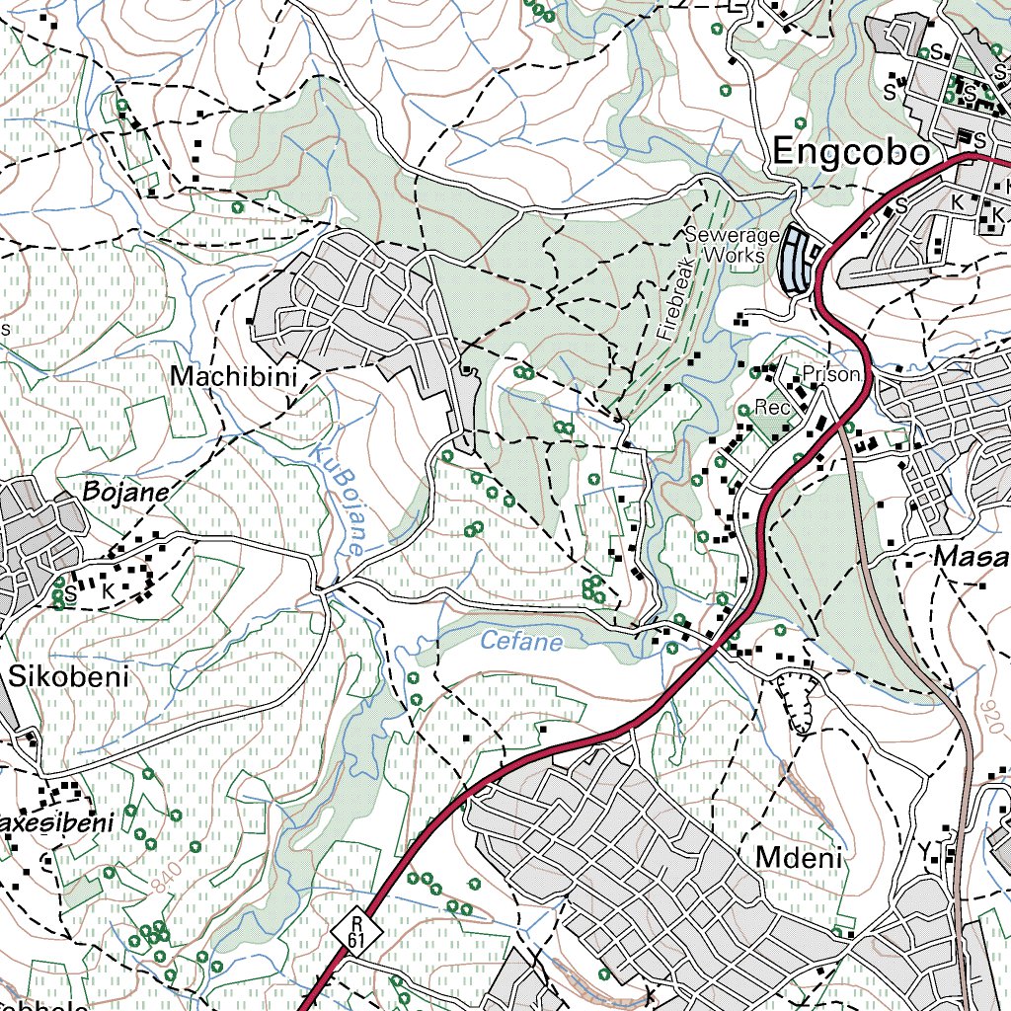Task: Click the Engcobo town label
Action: coord(851,153)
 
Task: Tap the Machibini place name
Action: coord(233,376)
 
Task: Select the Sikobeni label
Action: coord(70,677)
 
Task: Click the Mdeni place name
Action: coord(800,858)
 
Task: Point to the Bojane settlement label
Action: coord(127,491)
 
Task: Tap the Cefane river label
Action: coord(521,643)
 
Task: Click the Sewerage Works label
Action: coord(732,245)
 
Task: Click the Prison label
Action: coord(831,375)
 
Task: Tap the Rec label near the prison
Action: coord(767,407)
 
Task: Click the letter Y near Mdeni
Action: coord(924,850)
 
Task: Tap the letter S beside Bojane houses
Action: coord(71,591)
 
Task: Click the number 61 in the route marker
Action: coord(355,941)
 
